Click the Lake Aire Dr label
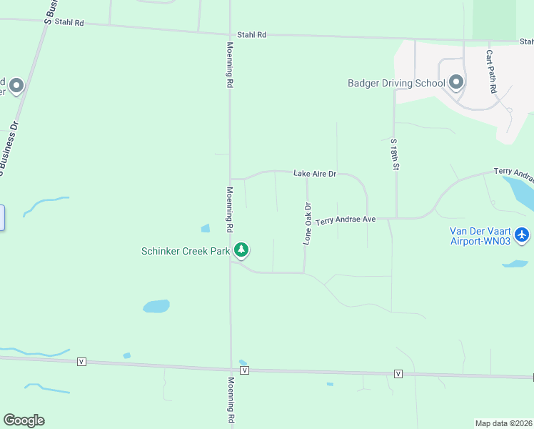click(x=314, y=174)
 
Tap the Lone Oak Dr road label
click(x=308, y=224)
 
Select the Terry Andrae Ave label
click(x=346, y=220)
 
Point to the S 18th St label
click(x=394, y=154)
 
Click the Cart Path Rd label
click(x=491, y=71)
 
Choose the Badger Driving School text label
click(x=396, y=83)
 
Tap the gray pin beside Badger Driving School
click(x=456, y=83)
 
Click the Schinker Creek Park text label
click(x=186, y=251)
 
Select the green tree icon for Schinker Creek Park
click(x=242, y=250)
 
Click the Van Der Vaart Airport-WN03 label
click(x=480, y=237)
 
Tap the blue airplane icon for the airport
click(x=523, y=234)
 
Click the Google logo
click(x=24, y=420)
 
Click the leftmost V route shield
click(x=81, y=362)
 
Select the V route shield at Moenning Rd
click(x=245, y=370)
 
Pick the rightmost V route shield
click(x=398, y=374)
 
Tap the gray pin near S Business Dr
click(x=16, y=86)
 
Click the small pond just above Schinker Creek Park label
click(x=206, y=229)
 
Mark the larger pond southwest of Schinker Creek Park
click(x=156, y=306)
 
